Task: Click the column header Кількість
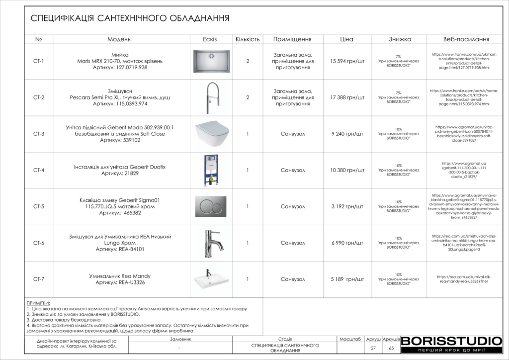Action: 248,39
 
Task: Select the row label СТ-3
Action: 39,134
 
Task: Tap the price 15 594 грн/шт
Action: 347,61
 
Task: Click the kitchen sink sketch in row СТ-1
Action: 211,61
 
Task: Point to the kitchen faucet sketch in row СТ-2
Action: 211,97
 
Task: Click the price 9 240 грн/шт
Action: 347,134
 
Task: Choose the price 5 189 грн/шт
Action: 347,279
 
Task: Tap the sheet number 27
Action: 373,348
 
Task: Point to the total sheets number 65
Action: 391,348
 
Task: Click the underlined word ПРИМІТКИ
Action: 38,303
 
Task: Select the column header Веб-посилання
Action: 466,39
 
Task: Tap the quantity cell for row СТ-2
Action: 248,97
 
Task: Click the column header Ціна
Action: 347,39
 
